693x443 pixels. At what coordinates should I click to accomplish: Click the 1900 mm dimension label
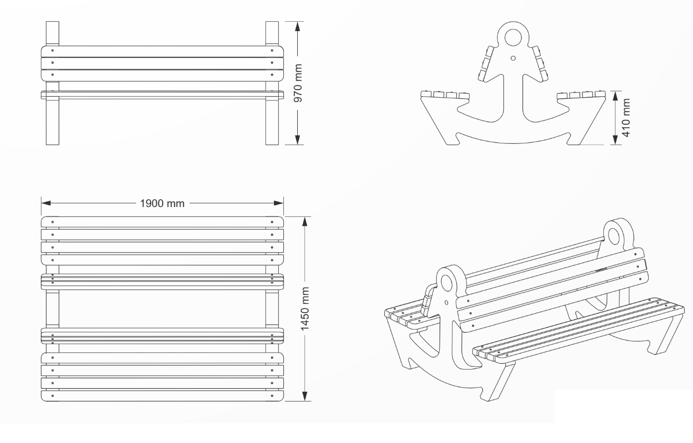[x=162, y=203]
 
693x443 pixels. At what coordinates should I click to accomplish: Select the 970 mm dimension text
[x=298, y=83]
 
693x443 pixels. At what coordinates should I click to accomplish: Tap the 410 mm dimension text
[x=626, y=117]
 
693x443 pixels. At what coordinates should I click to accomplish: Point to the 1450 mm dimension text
[x=305, y=308]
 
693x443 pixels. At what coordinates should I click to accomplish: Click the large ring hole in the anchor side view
[x=513, y=37]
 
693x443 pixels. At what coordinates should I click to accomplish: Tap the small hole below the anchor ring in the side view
[x=513, y=58]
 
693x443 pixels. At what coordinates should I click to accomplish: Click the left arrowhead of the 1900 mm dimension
[x=46, y=203]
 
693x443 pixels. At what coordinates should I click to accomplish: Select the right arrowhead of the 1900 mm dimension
[x=279, y=203]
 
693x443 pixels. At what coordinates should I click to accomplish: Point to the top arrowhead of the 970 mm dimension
[x=298, y=26]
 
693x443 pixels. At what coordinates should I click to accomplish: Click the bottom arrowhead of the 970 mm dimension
[x=298, y=140]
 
